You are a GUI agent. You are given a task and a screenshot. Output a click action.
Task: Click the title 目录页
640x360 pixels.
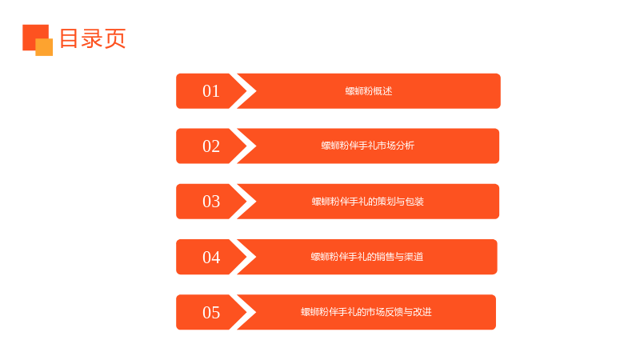pos(93,38)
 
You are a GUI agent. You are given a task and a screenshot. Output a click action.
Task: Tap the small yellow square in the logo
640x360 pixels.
pos(44,47)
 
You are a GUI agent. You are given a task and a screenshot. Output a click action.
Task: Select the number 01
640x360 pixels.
pos(211,91)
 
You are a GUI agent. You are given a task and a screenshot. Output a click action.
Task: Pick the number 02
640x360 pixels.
pos(211,146)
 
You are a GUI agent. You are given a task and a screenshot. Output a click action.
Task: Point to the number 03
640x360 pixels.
pos(211,202)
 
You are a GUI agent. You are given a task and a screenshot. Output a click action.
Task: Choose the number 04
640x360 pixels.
pos(211,257)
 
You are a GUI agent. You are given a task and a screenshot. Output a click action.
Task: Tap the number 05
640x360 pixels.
pos(211,312)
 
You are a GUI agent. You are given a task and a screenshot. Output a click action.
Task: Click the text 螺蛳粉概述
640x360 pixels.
pos(369,91)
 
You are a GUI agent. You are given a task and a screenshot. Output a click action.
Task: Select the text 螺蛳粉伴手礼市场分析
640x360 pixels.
pos(368,146)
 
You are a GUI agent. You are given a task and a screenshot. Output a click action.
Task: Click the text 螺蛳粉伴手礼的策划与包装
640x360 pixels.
pos(368,202)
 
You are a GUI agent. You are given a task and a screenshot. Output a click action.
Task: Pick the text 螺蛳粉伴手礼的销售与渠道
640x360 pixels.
pos(367,257)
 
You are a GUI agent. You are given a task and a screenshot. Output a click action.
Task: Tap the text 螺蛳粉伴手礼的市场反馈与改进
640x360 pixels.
pos(366,312)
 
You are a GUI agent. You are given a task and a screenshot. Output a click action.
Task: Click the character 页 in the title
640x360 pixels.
pos(115,38)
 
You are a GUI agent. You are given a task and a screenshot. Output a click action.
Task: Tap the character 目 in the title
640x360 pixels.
pos(69,38)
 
